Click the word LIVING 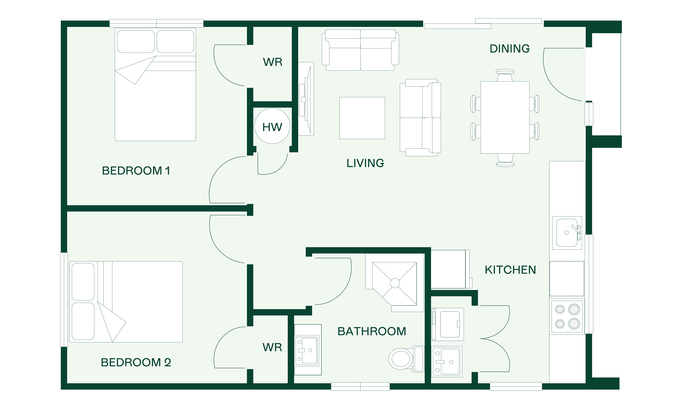pos(365,163)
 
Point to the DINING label pos(509,49)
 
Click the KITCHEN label pos(510,270)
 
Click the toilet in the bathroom pos(406,359)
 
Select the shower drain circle pos(395,283)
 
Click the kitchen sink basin pos(567,233)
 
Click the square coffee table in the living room pos(362,118)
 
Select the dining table pos(505,117)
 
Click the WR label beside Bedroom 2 pos(272,348)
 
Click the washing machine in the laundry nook pos(448,324)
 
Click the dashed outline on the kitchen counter pos(567,279)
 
